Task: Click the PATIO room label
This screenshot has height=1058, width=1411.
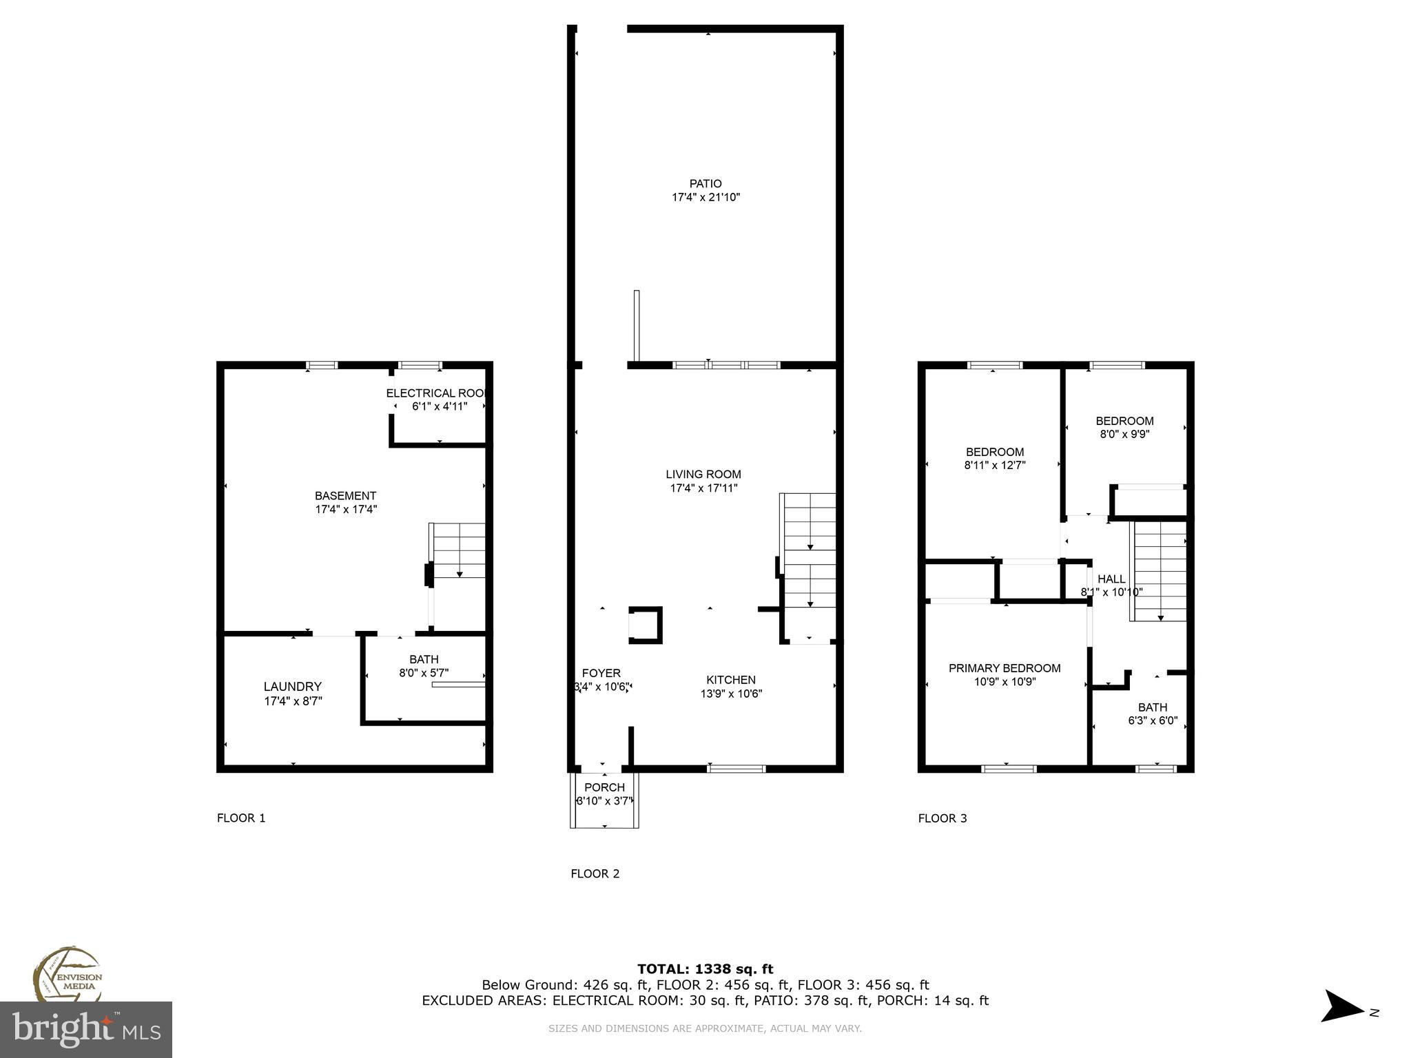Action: coord(705,184)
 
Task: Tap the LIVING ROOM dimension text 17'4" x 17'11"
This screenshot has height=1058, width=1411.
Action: coord(703,488)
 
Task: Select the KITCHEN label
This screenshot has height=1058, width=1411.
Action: coord(731,680)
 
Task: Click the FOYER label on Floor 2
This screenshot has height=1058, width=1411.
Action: coord(601,673)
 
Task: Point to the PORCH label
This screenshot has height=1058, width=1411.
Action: coord(604,787)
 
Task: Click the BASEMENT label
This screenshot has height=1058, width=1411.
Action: coord(345,496)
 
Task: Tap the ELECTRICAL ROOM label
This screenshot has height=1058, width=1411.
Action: coord(437,393)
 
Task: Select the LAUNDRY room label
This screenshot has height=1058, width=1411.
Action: coord(293,687)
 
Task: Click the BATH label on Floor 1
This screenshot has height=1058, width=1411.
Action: coord(424,659)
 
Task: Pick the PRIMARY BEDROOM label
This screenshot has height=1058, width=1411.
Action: coord(1005,668)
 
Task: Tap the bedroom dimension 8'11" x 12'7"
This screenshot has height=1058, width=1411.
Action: coord(995,466)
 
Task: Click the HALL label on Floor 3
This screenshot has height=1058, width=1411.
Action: coord(1111,579)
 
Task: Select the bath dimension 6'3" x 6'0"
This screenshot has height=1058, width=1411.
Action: coord(1153,721)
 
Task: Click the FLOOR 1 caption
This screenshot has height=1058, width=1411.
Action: coord(241,818)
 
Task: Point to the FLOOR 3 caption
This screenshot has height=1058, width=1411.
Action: coord(943,818)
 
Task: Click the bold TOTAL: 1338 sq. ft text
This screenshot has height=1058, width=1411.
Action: coord(705,969)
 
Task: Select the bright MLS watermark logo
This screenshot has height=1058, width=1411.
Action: coord(86,1030)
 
